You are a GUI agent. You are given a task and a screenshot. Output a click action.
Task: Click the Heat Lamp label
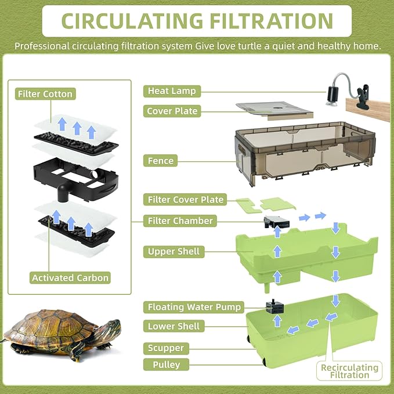tap(172, 91)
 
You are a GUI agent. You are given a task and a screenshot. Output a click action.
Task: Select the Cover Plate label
tap(172, 111)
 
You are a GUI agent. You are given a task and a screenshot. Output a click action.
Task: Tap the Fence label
tap(161, 161)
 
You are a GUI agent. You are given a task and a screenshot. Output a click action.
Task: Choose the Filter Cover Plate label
tap(186, 200)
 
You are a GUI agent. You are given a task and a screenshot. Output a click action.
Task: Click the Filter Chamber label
tap(180, 221)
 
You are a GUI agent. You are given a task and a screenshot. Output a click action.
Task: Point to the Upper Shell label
tap(173, 252)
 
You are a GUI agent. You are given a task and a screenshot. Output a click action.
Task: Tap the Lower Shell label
tap(173, 327)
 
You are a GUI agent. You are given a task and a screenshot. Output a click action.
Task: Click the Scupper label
tap(165, 348)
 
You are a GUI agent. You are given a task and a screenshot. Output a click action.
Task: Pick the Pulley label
tap(164, 365)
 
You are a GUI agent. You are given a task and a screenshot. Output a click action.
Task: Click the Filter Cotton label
tap(45, 94)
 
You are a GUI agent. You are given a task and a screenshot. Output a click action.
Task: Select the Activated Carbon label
tap(70, 278)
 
